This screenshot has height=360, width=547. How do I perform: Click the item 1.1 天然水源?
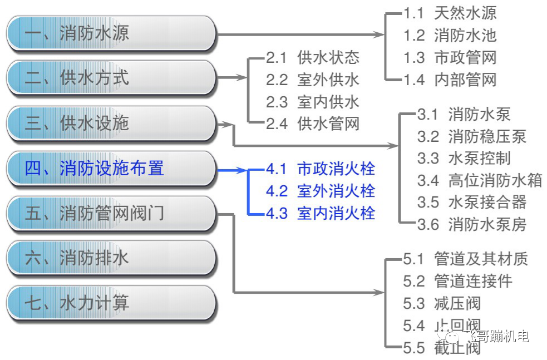coord(450,13)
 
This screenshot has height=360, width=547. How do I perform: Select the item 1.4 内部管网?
coord(450,80)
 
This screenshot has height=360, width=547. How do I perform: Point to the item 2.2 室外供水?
coord(313,80)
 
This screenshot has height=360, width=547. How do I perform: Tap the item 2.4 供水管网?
coord(313,124)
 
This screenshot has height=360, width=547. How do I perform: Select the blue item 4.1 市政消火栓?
coord(321,169)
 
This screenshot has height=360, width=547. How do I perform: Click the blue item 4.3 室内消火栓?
coord(321,213)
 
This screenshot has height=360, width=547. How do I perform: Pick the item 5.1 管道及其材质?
coord(465,259)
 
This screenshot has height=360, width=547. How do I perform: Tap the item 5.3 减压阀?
coord(442,303)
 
